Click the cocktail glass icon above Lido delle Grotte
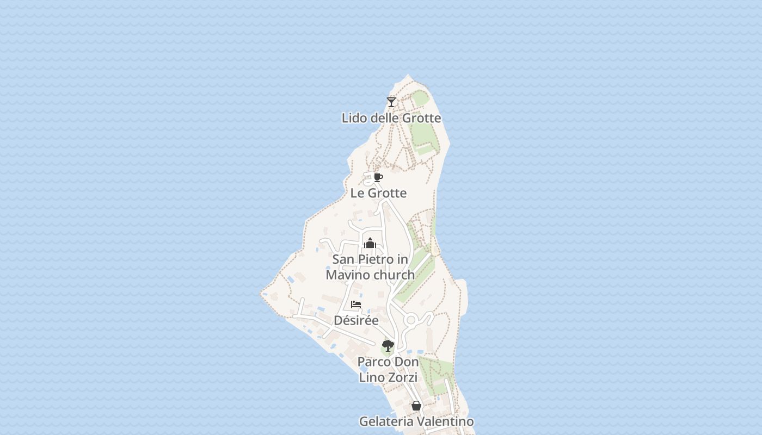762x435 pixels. (391, 102)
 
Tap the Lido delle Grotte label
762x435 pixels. (391, 118)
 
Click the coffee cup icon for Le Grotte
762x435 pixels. (378, 177)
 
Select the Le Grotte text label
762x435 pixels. (378, 193)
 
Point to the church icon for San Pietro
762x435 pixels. (370, 243)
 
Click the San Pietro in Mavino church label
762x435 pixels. (370, 267)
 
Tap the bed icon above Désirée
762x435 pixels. (356, 304)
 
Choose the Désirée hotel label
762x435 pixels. (356, 320)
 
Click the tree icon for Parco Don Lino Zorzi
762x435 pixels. (388, 346)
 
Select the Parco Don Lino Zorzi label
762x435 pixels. (388, 369)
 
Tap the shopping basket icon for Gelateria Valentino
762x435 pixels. (416, 406)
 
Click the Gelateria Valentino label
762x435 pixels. (416, 421)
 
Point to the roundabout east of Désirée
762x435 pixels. (411, 320)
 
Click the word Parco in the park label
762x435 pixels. (373, 362)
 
